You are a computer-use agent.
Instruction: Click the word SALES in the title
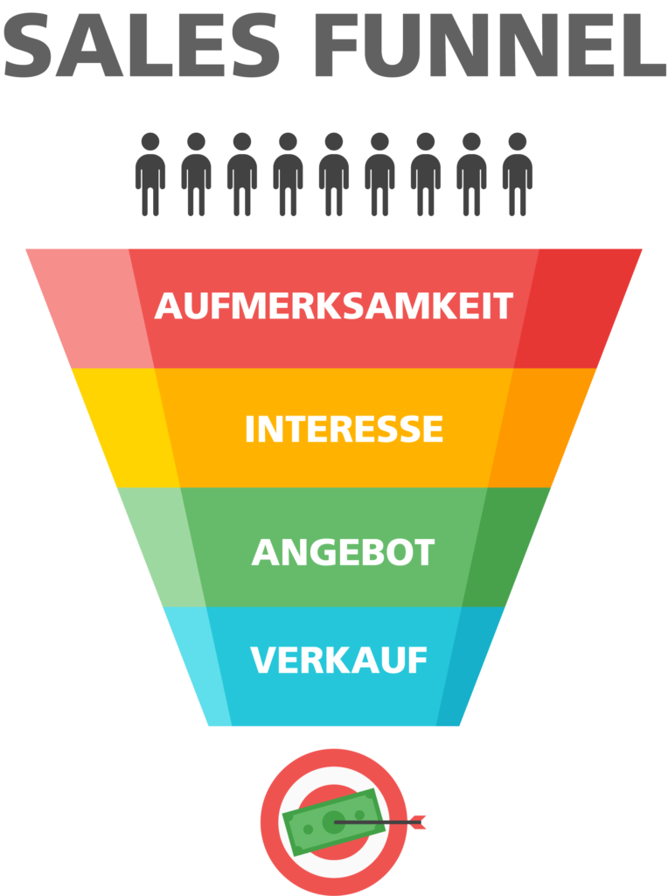pos(140,47)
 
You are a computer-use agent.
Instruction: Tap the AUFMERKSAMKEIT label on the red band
pos(333,306)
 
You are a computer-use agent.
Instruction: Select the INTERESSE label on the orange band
pos(344,430)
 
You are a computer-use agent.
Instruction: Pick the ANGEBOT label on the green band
pos(343,552)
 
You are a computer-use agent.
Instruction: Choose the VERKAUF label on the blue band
pos(338,660)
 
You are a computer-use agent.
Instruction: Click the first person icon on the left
pos(150,173)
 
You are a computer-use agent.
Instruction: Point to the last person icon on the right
pos(518,173)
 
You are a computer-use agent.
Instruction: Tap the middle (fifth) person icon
pos(334,173)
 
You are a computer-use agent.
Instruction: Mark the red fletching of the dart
pos(418,822)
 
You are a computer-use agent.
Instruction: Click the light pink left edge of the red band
pos(96,306)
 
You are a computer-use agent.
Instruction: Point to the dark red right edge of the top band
pos(577,306)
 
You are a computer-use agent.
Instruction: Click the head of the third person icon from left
pos(242,142)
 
